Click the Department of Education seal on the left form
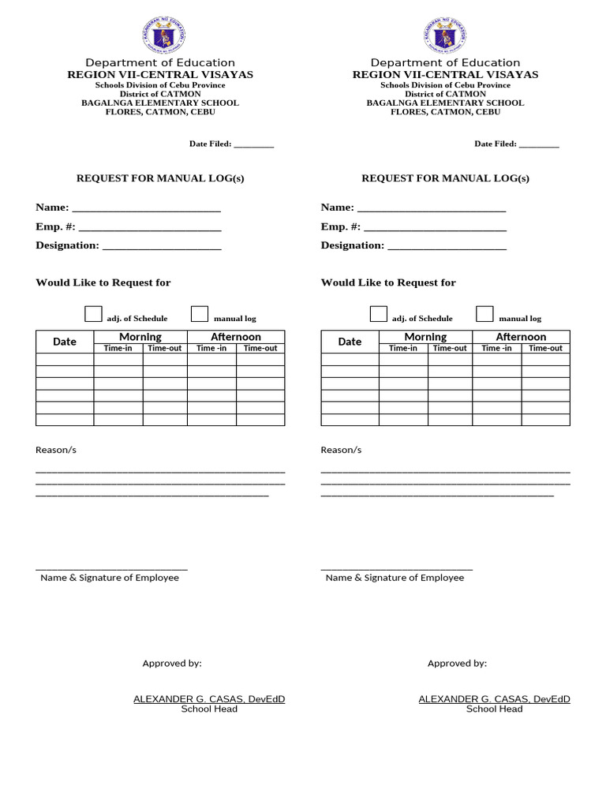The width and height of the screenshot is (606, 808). point(160,36)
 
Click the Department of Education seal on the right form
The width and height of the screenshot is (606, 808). point(445,36)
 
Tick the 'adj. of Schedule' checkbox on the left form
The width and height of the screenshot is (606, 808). point(94,314)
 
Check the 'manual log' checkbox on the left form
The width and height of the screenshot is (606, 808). point(200,314)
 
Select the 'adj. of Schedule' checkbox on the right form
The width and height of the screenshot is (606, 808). point(379,314)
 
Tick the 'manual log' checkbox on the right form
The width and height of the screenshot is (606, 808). point(484,314)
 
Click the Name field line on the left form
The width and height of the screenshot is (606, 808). point(146,209)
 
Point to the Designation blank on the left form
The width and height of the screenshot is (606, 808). point(162,247)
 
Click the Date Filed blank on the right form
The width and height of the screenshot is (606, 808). point(539,145)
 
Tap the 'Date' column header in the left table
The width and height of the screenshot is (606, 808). point(65,342)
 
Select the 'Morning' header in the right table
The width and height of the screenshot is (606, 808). point(425,337)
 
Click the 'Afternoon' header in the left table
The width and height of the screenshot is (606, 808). point(235,337)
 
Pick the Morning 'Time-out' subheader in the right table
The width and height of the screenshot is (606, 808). point(450,348)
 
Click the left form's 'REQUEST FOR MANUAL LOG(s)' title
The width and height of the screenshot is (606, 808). point(160,178)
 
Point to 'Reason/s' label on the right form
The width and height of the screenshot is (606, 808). point(341,450)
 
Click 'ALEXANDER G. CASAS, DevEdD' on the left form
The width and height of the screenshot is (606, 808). point(209,699)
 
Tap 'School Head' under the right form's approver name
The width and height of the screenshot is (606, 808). point(494,709)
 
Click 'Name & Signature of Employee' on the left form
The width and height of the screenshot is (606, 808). point(110,578)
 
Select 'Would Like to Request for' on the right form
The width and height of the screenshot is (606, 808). point(388,282)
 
